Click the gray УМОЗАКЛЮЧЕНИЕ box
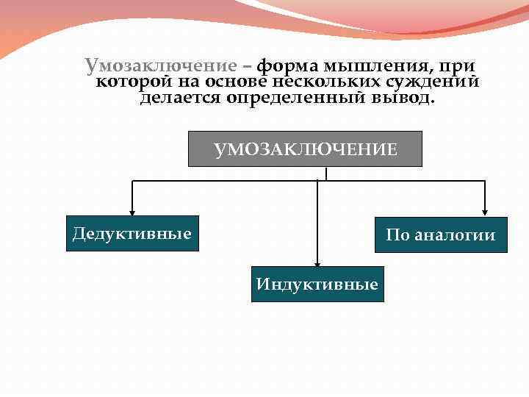tap(306, 149)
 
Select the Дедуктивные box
tap(132, 234)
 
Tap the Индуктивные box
tap(317, 284)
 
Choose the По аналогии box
tap(441, 235)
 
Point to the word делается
tap(179, 98)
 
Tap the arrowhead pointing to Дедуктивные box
tap(132, 211)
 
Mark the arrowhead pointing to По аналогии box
tap(485, 212)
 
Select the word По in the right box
tap(397, 236)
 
